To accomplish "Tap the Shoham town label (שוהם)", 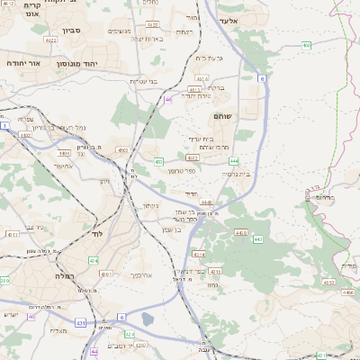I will pyautogui.click(x=224, y=117).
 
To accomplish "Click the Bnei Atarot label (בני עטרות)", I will pyautogui.click(x=147, y=81).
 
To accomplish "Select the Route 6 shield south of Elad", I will pyautogui.click(x=263, y=79).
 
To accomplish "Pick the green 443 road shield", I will pyautogui.click(x=258, y=239).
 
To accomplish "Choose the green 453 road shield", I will pyautogui.click(x=158, y=162).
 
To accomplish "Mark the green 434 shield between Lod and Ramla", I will pyautogui.click(x=94, y=261).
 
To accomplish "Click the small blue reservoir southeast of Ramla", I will pyautogui.click(x=147, y=319).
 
